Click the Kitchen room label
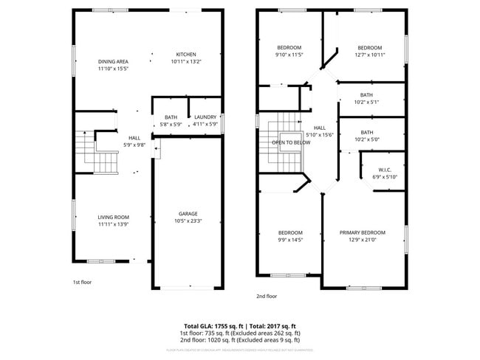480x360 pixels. [x=185, y=55]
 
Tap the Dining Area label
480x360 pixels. [x=113, y=61]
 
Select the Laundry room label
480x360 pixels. [x=205, y=117]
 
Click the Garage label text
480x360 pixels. [x=188, y=213]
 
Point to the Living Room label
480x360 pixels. [x=113, y=217]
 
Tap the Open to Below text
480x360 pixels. [x=290, y=142]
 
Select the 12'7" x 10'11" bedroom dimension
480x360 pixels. [x=369, y=55]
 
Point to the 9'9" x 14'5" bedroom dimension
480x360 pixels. [x=290, y=240]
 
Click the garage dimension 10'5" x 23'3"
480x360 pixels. [x=188, y=221]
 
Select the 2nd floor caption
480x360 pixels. [x=266, y=296]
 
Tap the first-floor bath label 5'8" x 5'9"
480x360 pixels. [x=171, y=125]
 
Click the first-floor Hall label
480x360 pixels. [x=134, y=138]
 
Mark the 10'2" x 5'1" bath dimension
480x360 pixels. [x=367, y=102]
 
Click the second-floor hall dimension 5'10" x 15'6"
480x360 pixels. [x=320, y=134]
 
